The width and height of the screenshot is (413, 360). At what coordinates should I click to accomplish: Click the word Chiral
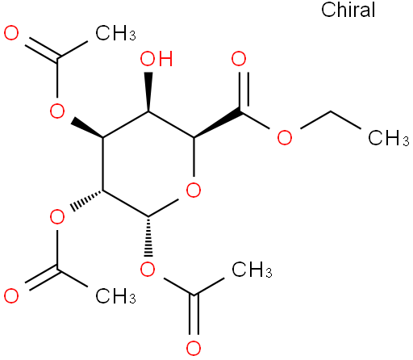tap(348, 10)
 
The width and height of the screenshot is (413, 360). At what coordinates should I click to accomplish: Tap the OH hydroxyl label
tap(156, 59)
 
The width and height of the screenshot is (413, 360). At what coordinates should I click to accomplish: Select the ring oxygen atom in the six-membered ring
tap(194, 190)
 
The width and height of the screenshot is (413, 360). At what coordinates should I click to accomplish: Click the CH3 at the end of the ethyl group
tap(389, 138)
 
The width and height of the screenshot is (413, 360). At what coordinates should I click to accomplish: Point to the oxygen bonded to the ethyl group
tap(285, 137)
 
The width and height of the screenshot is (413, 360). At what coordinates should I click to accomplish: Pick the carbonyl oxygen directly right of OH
tap(239, 59)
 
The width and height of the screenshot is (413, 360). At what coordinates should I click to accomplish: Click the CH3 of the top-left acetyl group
tap(115, 33)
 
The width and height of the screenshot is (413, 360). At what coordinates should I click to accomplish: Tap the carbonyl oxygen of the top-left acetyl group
tap(11, 33)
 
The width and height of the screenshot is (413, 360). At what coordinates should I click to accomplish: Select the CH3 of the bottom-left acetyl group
tap(115, 296)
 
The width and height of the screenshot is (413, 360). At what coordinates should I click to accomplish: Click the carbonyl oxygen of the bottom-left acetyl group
tap(11, 295)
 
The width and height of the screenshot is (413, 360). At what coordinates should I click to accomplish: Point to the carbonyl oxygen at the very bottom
tap(194, 348)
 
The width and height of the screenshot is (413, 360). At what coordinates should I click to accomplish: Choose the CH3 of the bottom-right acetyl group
tap(252, 270)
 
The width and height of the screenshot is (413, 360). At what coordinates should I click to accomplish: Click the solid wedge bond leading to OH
tap(148, 92)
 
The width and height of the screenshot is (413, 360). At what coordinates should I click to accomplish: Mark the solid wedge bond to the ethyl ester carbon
tap(217, 123)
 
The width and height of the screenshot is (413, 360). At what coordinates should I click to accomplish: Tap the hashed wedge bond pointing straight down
tap(148, 236)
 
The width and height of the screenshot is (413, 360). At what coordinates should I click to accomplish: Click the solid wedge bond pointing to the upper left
tap(86, 128)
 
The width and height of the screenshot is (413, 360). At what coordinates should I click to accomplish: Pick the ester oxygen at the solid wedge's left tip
tap(57, 111)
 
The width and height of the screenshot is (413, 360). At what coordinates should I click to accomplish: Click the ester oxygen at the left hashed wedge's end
tap(57, 217)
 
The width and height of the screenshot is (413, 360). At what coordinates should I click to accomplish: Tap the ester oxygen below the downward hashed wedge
tap(148, 270)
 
